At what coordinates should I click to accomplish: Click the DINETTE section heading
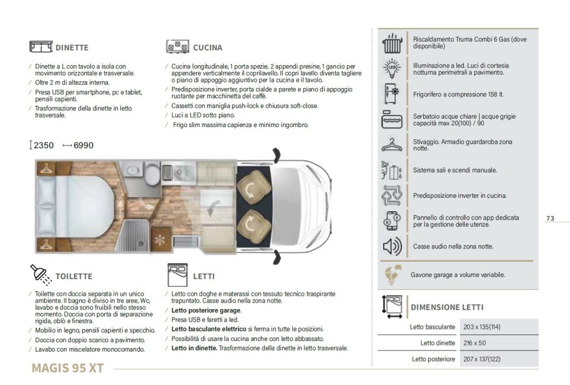72,48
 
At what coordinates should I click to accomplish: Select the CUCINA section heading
208,48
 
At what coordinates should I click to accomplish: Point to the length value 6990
83,145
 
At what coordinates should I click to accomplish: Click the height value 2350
43,145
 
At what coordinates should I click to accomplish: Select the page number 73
550,218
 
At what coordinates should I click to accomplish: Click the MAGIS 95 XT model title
67,368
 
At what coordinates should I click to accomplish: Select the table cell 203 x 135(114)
481,327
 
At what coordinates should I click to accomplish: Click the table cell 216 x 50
474,343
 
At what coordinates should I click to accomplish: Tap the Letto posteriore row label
434,359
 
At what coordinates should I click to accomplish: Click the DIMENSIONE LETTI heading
447,307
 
